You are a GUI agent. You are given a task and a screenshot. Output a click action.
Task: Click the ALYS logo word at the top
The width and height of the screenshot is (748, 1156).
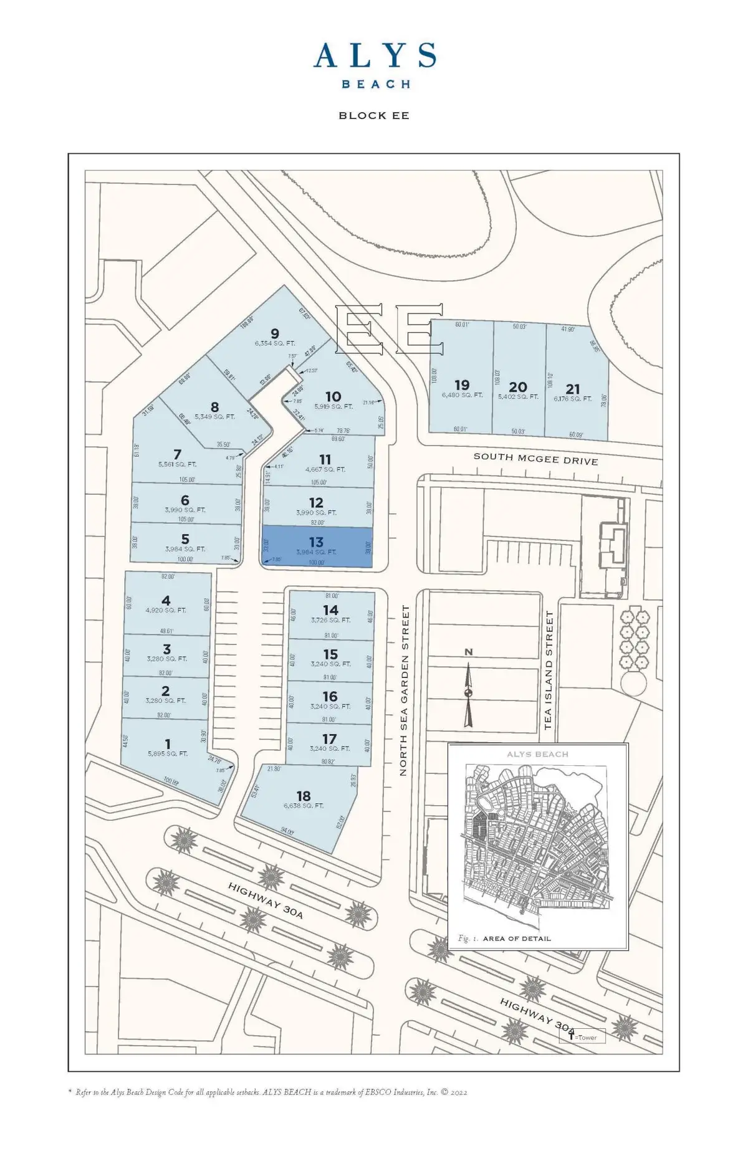coord(374,56)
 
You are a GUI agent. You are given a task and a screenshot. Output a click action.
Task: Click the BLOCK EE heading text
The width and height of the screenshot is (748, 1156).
coord(374,115)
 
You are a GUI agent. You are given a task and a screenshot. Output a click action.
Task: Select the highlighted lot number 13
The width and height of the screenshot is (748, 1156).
coord(316,542)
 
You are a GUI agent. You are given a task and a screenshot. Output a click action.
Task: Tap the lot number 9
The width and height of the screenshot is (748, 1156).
coord(275,333)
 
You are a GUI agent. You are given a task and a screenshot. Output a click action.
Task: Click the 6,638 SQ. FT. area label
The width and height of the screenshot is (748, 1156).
coord(304,806)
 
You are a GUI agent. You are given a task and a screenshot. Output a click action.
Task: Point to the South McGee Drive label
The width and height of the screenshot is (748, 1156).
coord(535,459)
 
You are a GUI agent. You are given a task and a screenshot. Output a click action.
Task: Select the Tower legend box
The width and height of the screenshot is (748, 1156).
coord(582,1038)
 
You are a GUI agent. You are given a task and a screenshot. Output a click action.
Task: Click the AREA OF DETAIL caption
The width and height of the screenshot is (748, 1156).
coord(517,939)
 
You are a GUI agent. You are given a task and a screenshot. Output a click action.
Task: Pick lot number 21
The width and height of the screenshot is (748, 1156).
coord(573,389)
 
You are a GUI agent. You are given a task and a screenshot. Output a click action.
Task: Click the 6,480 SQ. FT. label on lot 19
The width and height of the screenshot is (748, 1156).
coord(463,395)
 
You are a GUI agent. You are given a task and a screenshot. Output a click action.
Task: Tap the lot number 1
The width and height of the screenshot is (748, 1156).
coord(168,743)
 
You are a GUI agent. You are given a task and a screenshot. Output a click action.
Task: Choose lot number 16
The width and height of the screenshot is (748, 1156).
coord(330,696)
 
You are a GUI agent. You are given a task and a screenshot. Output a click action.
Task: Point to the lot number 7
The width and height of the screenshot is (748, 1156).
coord(178,454)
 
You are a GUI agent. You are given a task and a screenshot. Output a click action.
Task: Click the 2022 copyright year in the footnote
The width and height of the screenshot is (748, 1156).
coord(458,1092)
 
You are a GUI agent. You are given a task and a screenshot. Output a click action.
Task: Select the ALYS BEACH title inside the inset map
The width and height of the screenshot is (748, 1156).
coord(537,754)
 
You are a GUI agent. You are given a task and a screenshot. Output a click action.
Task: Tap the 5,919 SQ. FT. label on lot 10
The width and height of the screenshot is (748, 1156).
coord(333,406)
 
